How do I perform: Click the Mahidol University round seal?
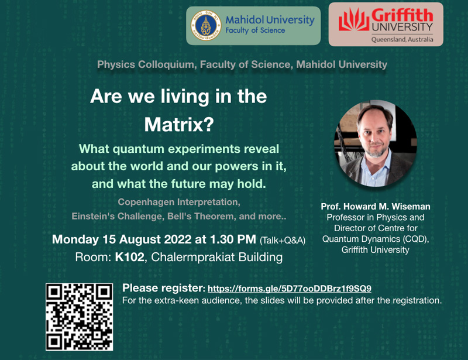[x=206, y=25]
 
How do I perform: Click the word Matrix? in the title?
[x=179, y=124]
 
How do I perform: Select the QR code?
[x=80, y=317]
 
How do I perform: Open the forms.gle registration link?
[x=290, y=289]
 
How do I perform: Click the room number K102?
[x=129, y=257]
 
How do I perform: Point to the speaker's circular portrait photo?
[x=376, y=143]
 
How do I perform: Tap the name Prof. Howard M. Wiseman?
[x=376, y=207]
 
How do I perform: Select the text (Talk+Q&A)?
[x=283, y=241]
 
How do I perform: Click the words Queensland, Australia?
[x=402, y=39]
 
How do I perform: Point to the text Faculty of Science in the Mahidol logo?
[x=255, y=30]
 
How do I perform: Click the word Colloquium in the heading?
[x=166, y=65]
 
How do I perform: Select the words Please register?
[x=163, y=289]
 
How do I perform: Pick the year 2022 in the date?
[x=178, y=239]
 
